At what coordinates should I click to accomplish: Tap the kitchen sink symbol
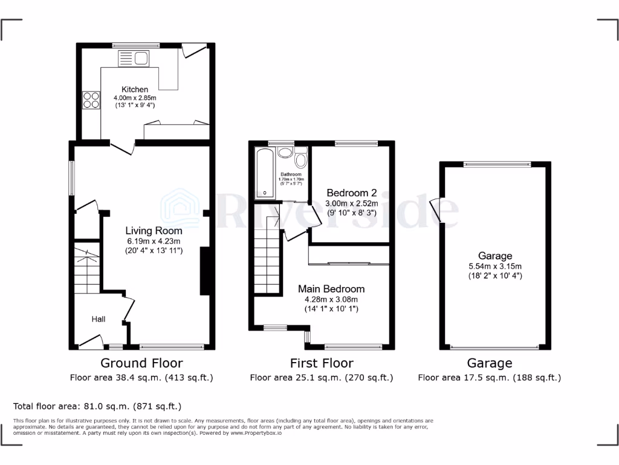click(134, 59)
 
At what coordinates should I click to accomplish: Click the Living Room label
click(154, 231)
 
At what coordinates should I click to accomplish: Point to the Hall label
click(99, 319)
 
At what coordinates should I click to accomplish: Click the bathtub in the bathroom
click(265, 172)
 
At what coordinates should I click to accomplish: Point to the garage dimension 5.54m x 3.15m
click(495, 266)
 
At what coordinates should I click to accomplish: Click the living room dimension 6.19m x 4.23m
click(154, 240)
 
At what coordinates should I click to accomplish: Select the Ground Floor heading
click(141, 363)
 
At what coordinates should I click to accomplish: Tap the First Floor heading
click(322, 363)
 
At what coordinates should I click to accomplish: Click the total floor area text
click(97, 406)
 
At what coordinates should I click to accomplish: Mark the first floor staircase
click(266, 260)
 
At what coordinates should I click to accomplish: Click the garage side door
click(436, 211)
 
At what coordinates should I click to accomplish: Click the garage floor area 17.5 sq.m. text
click(489, 378)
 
